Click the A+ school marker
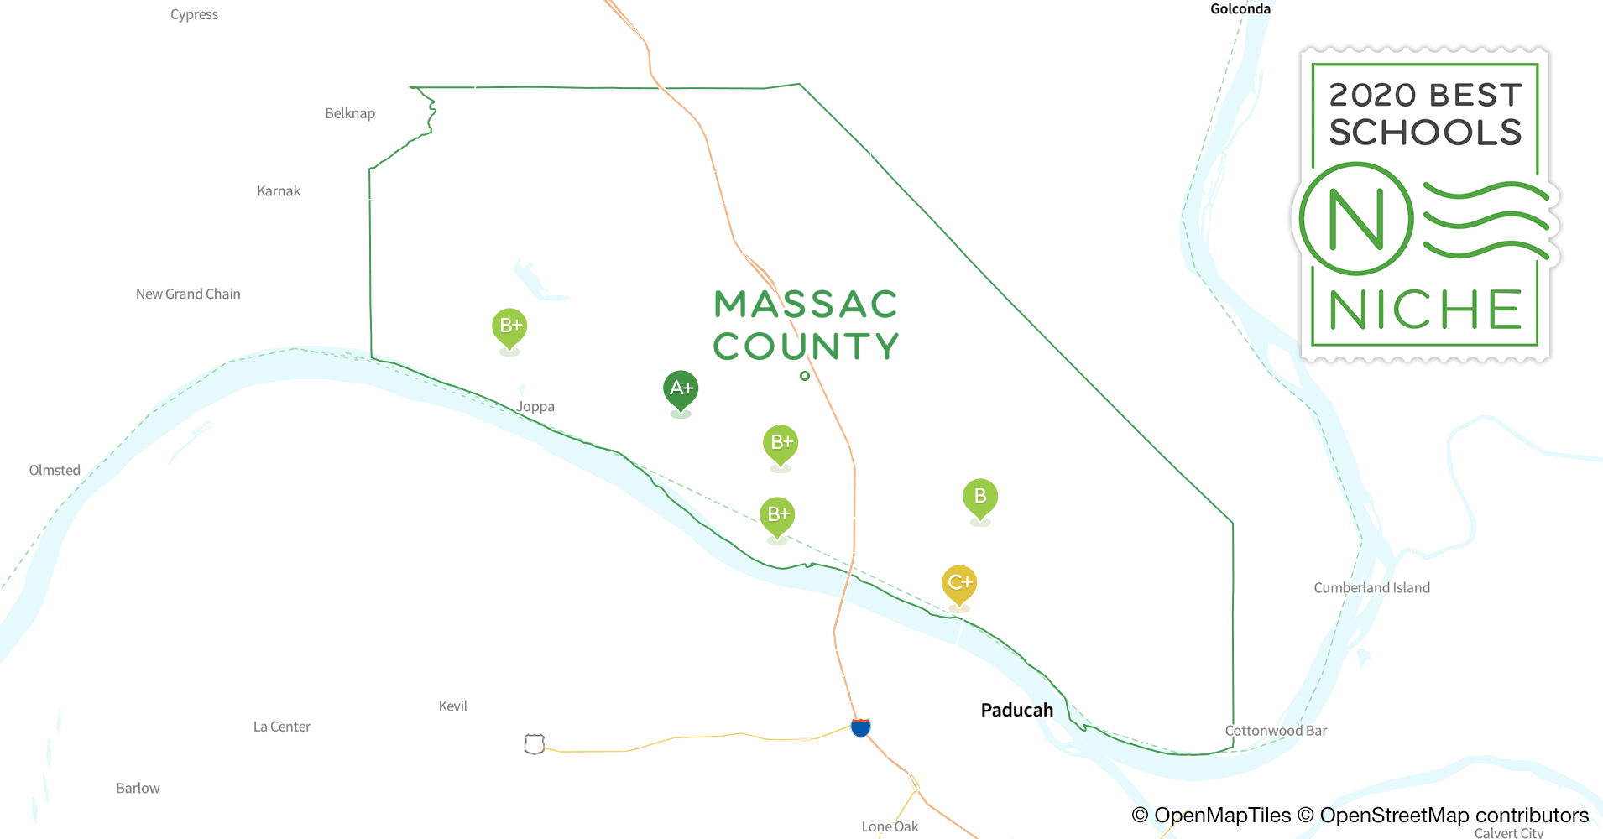tap(681, 388)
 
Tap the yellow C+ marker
tap(959, 582)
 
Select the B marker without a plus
tap(980, 497)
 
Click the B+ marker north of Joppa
tap(509, 326)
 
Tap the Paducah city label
tap(1016, 710)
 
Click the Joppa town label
tap(535, 407)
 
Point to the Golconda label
tap(1240, 8)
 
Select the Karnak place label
tap(279, 191)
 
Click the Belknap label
tap(350, 113)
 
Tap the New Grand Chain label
tap(188, 294)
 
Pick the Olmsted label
tap(55, 470)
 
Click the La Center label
tap(282, 727)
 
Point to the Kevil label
tap(453, 706)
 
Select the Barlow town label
tap(138, 788)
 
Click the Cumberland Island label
tap(1371, 588)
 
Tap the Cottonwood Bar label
tap(1276, 731)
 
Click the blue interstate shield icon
tap(860, 727)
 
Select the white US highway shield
tap(535, 744)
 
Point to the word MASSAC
tap(806, 305)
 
